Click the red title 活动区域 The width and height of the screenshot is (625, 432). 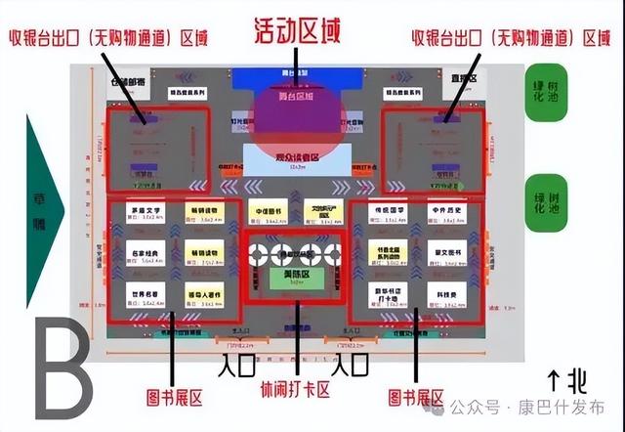(x=297, y=31)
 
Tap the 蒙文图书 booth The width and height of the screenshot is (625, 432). (x=446, y=252)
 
